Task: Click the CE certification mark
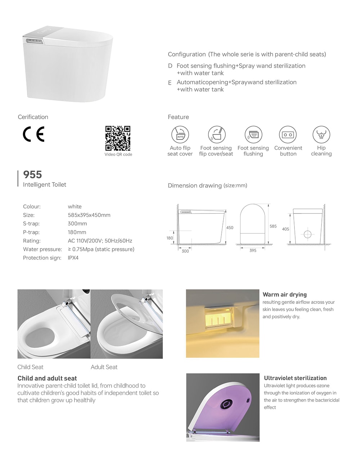[33, 134]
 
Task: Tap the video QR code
[118, 138]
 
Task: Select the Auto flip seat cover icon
[180, 135]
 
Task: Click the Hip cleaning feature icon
[321, 135]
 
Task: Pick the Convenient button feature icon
[288, 135]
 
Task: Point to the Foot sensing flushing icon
[253, 135]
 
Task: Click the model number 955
[32, 175]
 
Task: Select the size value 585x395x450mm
[89, 215]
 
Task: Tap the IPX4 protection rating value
[73, 258]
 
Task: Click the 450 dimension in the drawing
[230, 228]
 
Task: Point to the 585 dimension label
[273, 226]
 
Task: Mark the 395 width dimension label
[253, 251]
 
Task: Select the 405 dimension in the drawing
[285, 229]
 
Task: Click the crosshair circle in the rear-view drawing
[307, 234]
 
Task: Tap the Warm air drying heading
[285, 294]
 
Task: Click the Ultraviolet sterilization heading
[295, 378]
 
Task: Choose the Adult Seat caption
[104, 367]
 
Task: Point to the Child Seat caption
[30, 367]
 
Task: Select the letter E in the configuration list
[170, 83]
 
